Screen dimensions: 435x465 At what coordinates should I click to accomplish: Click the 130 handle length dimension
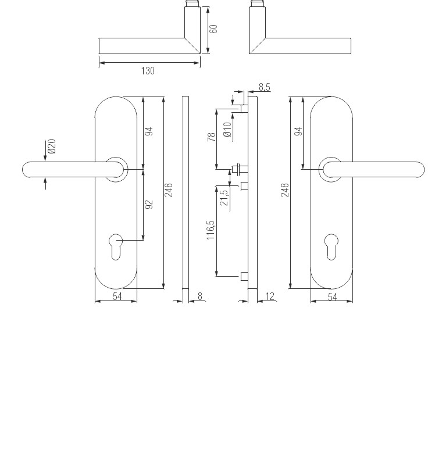tap(148, 71)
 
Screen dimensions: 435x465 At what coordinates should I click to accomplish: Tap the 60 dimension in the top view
tap(213, 28)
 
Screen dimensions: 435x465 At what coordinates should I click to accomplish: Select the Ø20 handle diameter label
tap(52, 146)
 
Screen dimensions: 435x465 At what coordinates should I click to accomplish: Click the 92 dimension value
tap(149, 205)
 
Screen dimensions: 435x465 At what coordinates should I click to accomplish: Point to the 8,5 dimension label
tap(265, 87)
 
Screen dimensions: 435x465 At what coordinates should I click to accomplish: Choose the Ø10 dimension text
tap(227, 129)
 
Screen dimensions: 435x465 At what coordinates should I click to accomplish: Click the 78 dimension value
tap(211, 137)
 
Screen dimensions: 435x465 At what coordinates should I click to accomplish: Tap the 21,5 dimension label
tap(224, 198)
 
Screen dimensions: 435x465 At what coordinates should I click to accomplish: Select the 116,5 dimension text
tap(211, 230)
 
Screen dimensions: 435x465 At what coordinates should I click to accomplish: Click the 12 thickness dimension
tap(270, 296)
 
